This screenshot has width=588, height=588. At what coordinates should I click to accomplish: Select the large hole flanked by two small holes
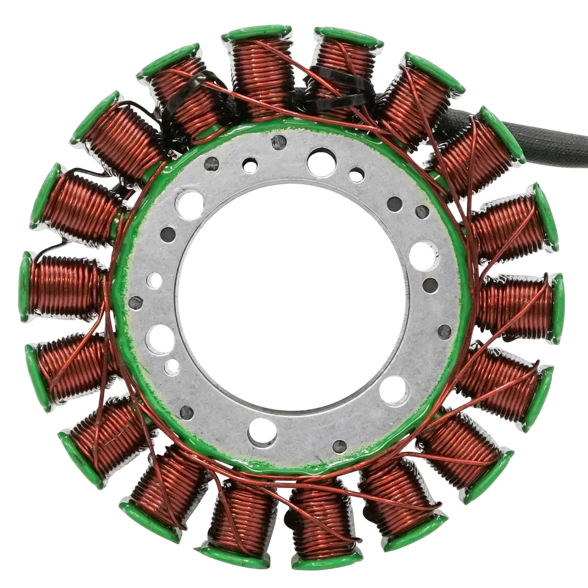point(322,162)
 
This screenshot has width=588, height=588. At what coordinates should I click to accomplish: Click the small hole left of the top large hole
point(250,165)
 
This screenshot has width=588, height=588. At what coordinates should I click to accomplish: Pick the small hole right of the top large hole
point(356,175)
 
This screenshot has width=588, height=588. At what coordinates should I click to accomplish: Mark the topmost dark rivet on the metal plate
point(279,142)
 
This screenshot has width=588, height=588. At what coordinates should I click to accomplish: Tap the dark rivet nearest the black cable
point(422,212)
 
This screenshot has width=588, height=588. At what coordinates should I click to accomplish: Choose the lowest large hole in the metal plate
point(262,432)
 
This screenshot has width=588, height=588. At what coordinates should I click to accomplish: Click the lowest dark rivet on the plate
point(339,446)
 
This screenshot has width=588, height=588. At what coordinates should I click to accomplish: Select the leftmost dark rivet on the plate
point(135,303)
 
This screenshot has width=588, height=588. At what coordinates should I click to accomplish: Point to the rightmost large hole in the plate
point(423,255)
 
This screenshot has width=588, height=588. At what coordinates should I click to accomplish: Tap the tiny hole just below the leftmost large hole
point(172,367)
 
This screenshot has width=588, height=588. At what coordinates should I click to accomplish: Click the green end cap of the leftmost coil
point(25,287)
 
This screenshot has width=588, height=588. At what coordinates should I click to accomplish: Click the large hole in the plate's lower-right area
point(393,390)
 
